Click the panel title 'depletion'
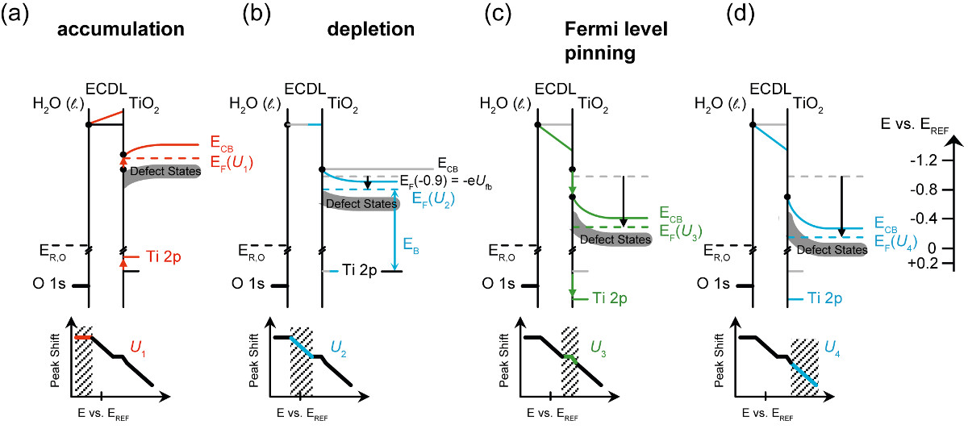point(371,31)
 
